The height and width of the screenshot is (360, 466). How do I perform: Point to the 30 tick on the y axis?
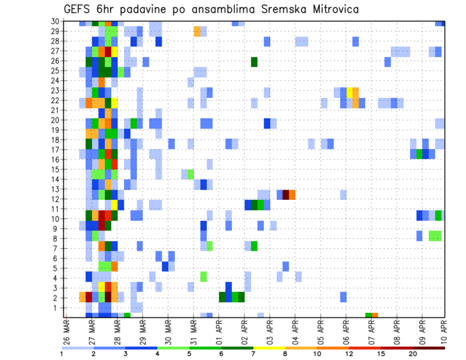(x=55, y=21)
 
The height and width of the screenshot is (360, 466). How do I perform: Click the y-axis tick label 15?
(x=55, y=169)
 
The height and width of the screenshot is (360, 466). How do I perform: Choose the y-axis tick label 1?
(x=57, y=307)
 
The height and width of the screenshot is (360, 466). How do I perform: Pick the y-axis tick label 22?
(x=55, y=100)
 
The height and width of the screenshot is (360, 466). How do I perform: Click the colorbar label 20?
(x=413, y=354)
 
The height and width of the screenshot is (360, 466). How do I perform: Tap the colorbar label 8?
(x=285, y=354)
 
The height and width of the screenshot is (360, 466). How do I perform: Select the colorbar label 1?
(x=62, y=354)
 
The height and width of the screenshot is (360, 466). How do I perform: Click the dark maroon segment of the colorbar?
(x=429, y=347)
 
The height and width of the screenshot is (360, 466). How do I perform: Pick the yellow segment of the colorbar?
(x=269, y=347)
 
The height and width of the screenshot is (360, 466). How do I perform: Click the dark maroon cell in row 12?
(x=286, y=194)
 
